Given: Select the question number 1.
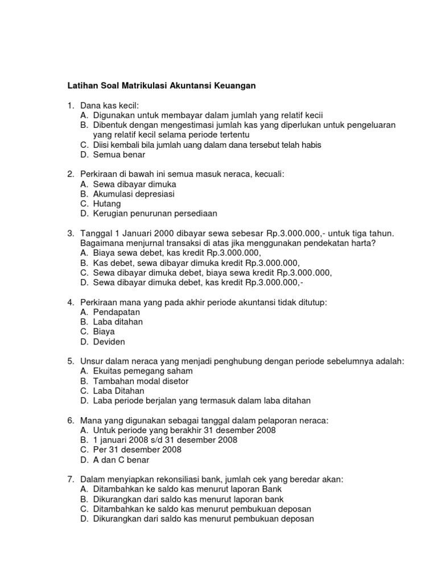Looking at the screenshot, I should pos(69,105).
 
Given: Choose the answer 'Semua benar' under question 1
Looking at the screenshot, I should pos(119,155).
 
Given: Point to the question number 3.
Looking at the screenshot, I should pos(69,234).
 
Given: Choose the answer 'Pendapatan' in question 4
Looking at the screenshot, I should pos(117,312).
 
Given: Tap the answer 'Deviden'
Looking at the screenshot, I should pos(109,342).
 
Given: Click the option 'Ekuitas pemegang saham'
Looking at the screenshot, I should pos(137,371).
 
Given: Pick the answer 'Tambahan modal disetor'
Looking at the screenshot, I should pos(141,381).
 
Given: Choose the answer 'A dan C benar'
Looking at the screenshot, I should pos(121,459).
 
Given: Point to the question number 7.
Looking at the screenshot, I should pos(69,479).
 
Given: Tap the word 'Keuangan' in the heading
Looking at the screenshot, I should pos(234,86).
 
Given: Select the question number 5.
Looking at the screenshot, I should pos(69,361).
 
